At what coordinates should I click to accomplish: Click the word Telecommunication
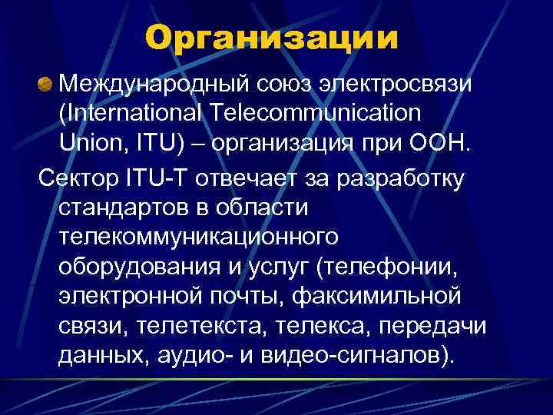tap(313, 113)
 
